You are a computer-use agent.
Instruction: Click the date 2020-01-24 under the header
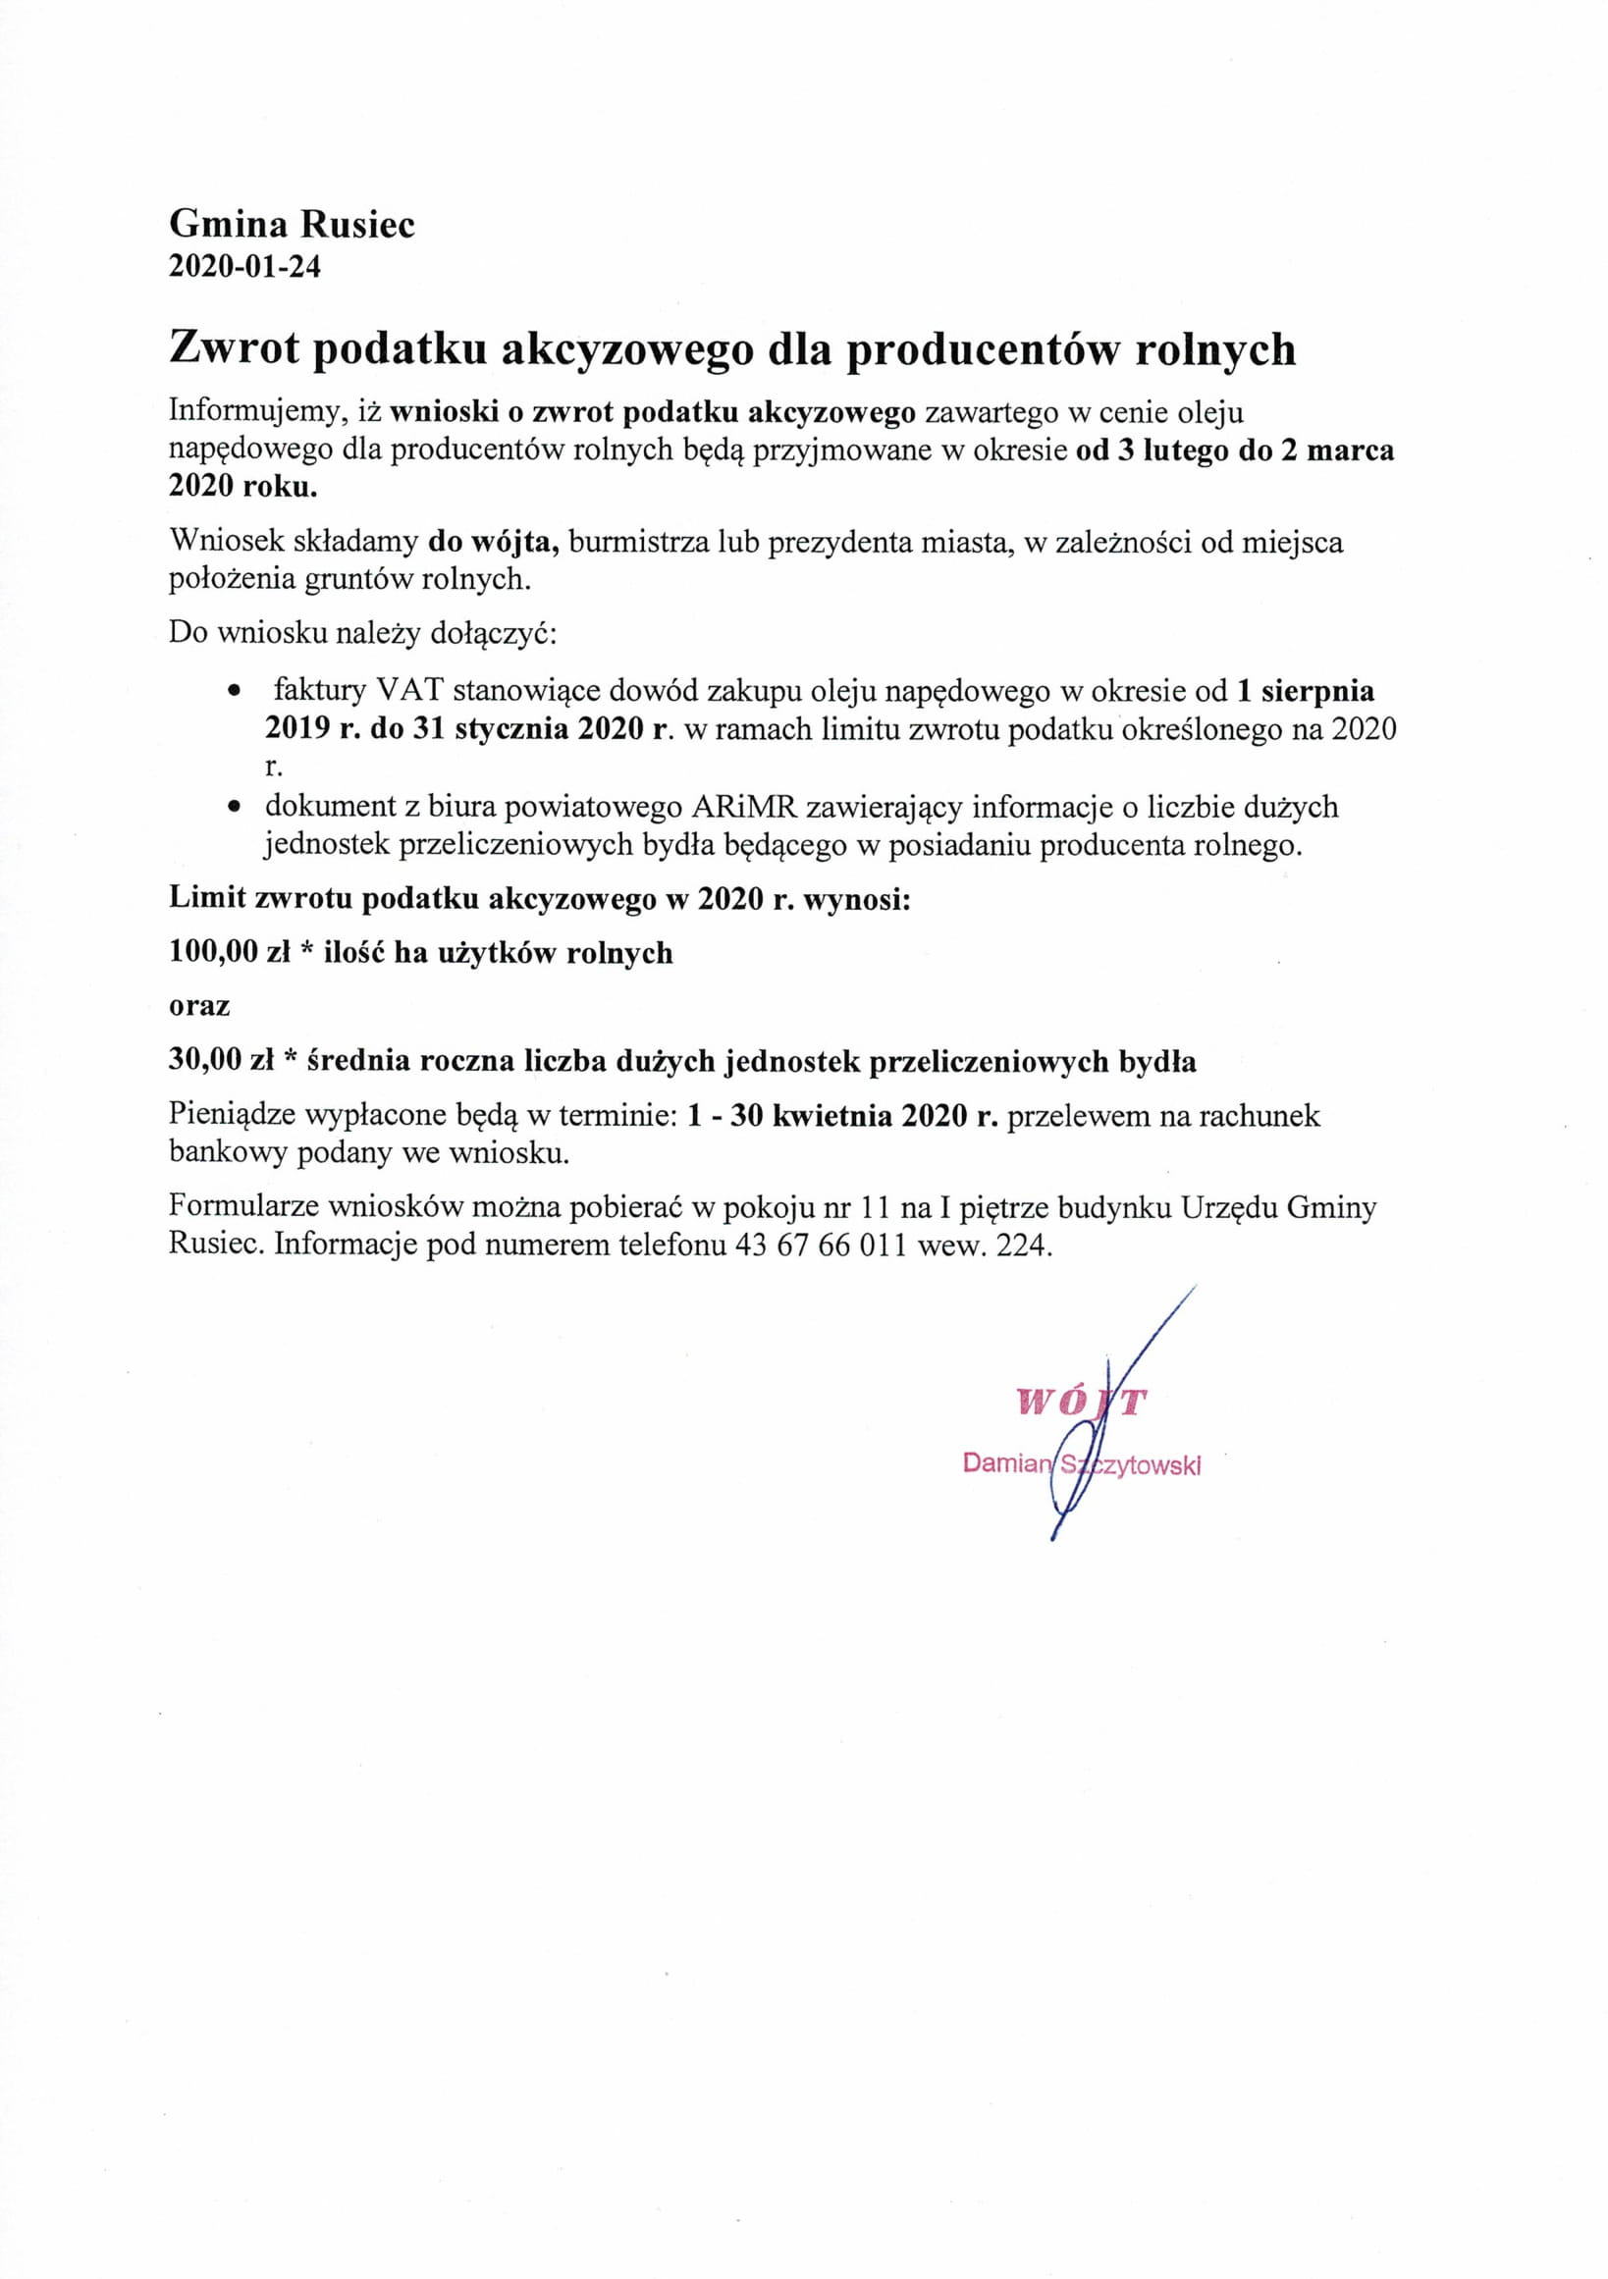pos(244,267)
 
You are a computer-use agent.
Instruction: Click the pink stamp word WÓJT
pos(1081,1402)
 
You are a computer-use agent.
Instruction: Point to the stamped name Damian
pos(1005,1463)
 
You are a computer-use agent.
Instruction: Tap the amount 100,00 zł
pos(229,953)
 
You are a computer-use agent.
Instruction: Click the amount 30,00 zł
pos(220,1061)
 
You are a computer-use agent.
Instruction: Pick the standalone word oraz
pos(199,1007)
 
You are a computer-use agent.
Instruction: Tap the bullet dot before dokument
pos(234,807)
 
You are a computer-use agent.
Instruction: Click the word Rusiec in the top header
pos(357,225)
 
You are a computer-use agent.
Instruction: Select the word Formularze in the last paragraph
pos(243,1207)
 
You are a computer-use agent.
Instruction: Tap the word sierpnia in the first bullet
pos(1317,691)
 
